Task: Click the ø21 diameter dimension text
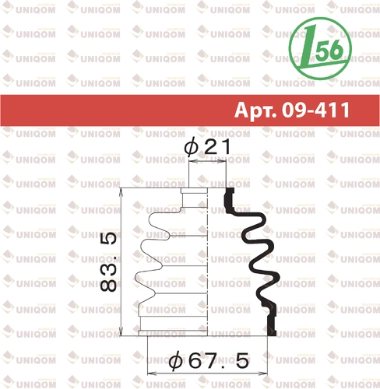[207, 147]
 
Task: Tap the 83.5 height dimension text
[108, 262]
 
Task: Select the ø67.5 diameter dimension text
[209, 360]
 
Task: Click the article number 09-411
[316, 110]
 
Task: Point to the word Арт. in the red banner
[255, 110]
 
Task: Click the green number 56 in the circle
[329, 50]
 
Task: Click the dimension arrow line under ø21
[207, 161]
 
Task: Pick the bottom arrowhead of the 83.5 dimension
[121, 332]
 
